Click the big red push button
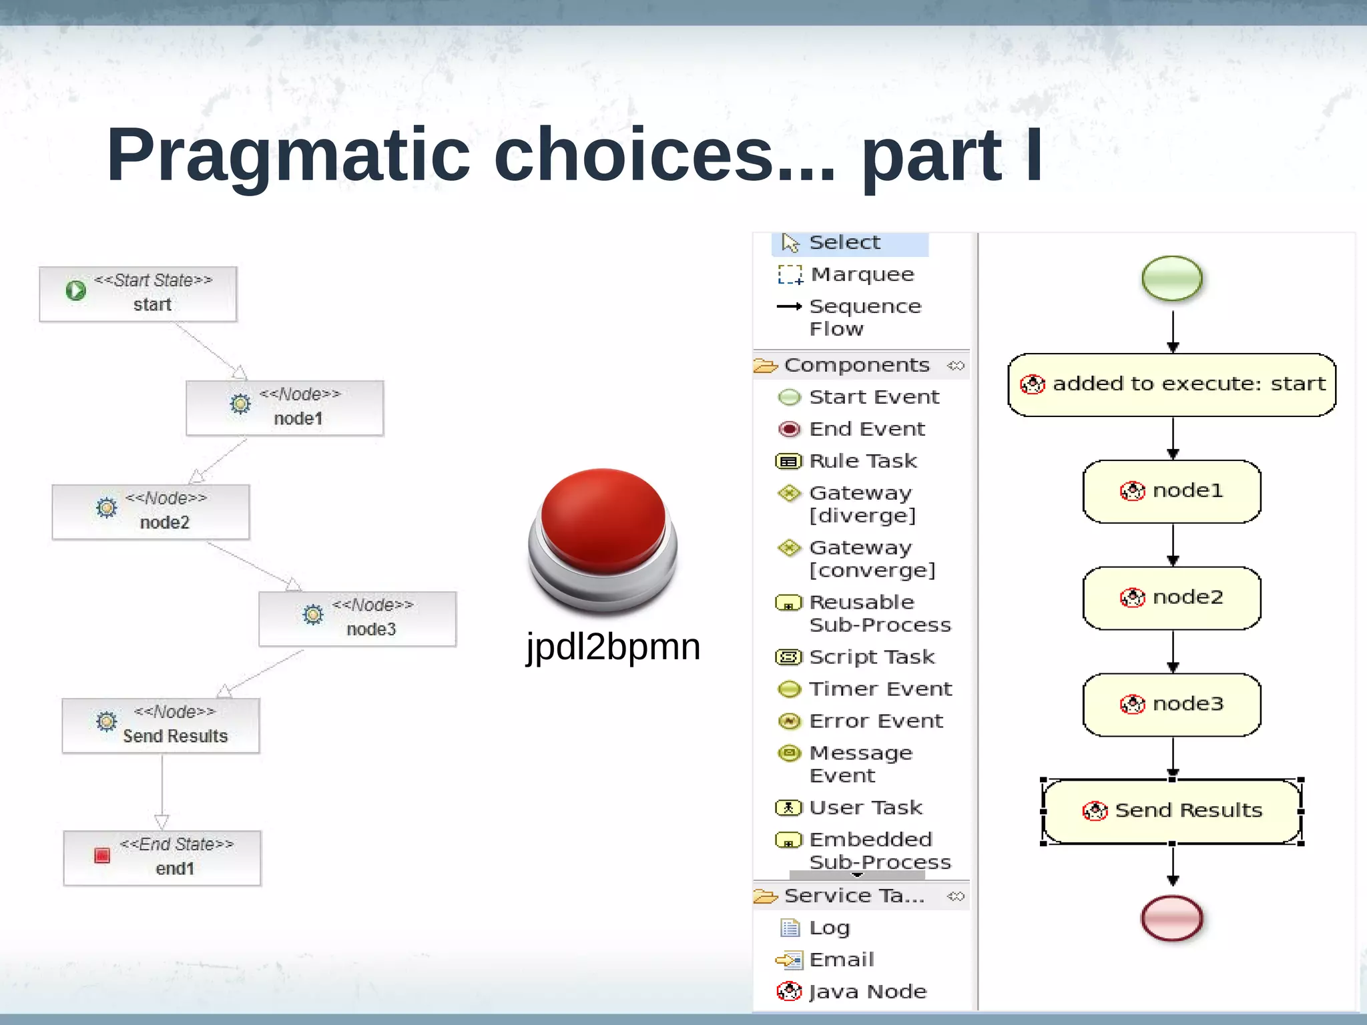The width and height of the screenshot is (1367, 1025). tap(603, 527)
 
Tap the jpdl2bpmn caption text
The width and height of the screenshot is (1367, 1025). tap(613, 646)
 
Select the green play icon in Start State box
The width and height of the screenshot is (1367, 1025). tap(76, 290)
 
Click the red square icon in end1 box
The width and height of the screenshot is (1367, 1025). tap(102, 856)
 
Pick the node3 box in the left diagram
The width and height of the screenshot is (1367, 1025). tap(357, 619)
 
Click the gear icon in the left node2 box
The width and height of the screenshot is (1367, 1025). tap(106, 508)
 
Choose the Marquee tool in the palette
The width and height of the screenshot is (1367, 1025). tap(861, 274)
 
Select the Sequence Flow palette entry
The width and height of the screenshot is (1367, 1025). tap(864, 316)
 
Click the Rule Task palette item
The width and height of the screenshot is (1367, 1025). tap(862, 460)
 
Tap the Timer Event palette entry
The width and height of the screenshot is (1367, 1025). tap(879, 688)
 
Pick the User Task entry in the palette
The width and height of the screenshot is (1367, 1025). tap(864, 807)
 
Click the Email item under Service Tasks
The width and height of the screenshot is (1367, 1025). tap(840, 960)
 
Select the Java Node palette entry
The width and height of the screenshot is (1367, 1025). tap(866, 992)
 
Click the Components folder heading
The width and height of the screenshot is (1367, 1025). tap(856, 365)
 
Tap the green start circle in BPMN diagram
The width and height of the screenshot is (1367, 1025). tap(1171, 278)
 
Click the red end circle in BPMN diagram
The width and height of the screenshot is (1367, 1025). tap(1171, 918)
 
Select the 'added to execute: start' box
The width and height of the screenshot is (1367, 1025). tap(1171, 384)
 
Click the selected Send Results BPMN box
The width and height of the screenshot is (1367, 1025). tap(1171, 811)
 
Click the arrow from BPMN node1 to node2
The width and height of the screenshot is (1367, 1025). tap(1173, 544)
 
